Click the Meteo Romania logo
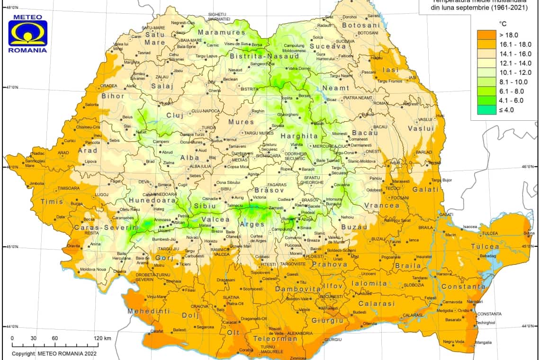(x=27, y=34)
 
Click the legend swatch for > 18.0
(x=486, y=35)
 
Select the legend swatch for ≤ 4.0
(x=486, y=110)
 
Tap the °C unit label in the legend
(x=503, y=23)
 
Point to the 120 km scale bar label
(x=102, y=338)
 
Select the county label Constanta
(x=463, y=287)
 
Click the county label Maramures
(x=222, y=33)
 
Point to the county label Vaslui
(x=421, y=128)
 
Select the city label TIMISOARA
(x=69, y=189)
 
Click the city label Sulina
(x=529, y=234)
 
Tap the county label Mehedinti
(x=148, y=311)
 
